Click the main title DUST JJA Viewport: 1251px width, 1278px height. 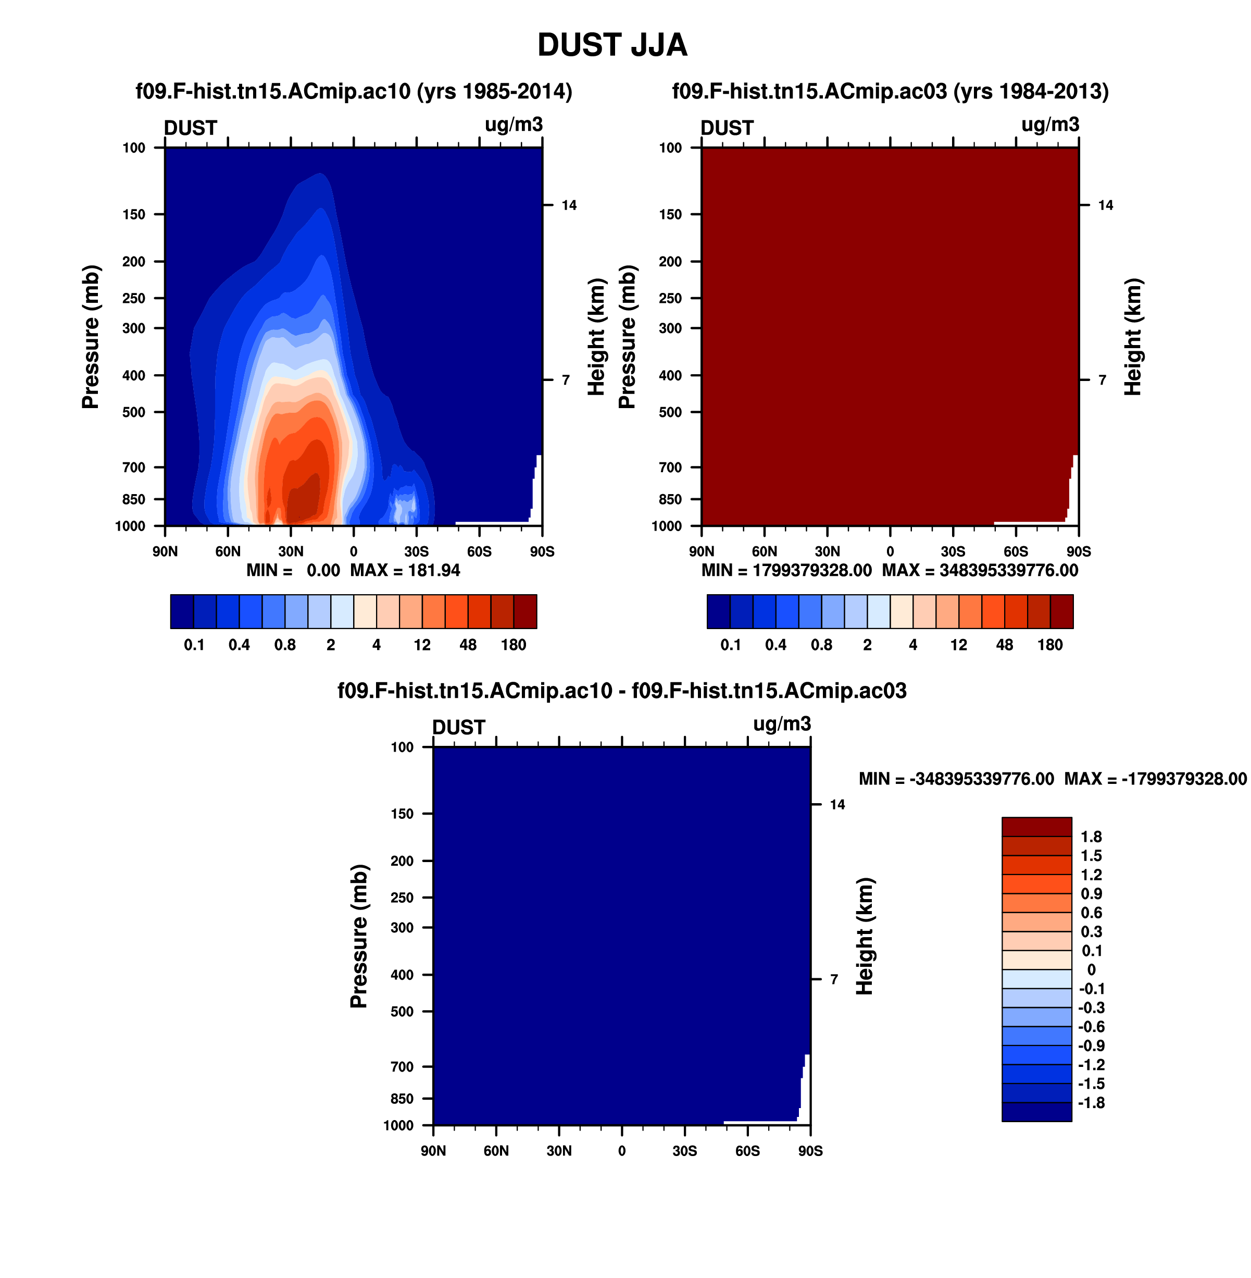pos(612,45)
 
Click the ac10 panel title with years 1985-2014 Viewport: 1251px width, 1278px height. pos(354,91)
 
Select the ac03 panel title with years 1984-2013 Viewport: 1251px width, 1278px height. pos(890,91)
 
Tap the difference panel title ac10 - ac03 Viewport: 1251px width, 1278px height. pos(622,691)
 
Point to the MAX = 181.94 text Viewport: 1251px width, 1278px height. pos(405,571)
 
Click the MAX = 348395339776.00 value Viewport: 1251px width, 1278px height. pos(980,571)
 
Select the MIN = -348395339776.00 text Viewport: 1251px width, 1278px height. pos(957,779)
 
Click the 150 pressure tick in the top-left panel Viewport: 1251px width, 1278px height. pos(133,214)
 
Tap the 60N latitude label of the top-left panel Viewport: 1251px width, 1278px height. pos(228,551)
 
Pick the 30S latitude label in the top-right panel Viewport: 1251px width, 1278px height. pos(953,551)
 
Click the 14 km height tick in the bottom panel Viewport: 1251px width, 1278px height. pos(837,805)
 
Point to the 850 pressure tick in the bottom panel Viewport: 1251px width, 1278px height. pos(402,1099)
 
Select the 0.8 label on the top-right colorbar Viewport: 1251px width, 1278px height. pos(822,645)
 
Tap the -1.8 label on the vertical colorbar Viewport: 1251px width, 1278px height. pos(1091,1102)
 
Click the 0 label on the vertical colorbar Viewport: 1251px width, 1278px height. pos(1091,969)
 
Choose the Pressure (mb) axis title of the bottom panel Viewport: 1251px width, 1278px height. pos(359,936)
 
